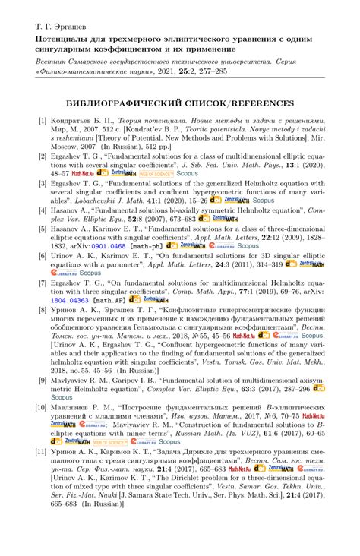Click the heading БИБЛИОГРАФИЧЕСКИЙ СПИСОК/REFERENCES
179,103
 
